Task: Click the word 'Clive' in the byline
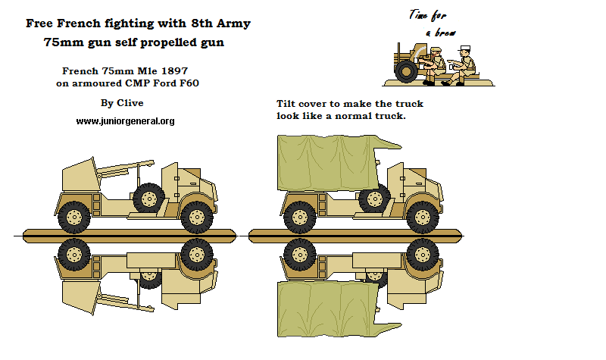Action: tap(130, 102)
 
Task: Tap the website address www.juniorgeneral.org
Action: tap(125, 121)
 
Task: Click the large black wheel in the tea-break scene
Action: tap(405, 73)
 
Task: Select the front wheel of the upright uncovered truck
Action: tap(195, 216)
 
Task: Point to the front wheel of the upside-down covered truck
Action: tap(421, 254)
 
